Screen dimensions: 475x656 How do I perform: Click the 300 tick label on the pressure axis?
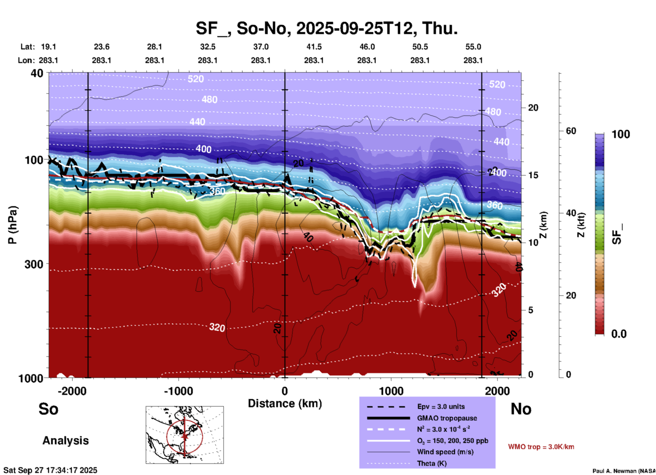point(34,264)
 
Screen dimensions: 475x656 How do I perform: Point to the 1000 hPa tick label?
point(31,378)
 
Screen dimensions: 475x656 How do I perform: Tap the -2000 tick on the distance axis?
point(72,391)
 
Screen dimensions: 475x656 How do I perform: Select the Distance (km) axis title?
point(285,403)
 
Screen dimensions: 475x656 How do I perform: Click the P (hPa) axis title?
point(13,225)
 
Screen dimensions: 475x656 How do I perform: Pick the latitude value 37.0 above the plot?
point(261,47)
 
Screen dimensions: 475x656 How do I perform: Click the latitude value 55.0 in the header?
point(473,47)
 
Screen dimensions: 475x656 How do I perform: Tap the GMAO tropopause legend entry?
point(447,418)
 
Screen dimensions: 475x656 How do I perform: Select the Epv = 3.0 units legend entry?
point(441,407)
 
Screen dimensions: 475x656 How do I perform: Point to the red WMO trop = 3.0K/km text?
point(541,447)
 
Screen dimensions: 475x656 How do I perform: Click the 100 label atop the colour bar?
point(621,134)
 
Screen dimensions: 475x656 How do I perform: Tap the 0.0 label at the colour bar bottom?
point(619,334)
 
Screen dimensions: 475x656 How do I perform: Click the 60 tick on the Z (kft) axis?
point(571,131)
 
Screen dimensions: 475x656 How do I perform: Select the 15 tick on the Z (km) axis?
point(533,175)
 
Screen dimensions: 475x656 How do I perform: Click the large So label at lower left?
point(48,409)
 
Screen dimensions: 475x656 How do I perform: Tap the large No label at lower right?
point(521,409)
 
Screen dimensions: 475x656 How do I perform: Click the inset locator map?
point(185,434)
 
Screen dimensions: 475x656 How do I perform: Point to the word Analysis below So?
point(65,441)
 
